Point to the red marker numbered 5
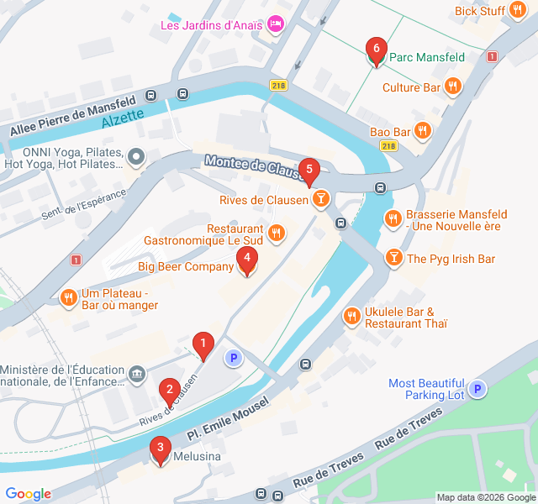click(x=309, y=171)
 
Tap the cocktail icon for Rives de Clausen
click(x=319, y=199)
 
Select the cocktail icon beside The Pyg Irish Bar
click(x=393, y=258)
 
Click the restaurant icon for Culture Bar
click(x=453, y=87)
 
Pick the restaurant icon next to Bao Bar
click(x=423, y=132)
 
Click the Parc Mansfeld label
click(x=427, y=57)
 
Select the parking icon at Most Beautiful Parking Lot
click(x=477, y=389)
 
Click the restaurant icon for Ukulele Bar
click(x=351, y=317)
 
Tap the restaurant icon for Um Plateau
click(x=68, y=297)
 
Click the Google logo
click(x=28, y=494)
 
